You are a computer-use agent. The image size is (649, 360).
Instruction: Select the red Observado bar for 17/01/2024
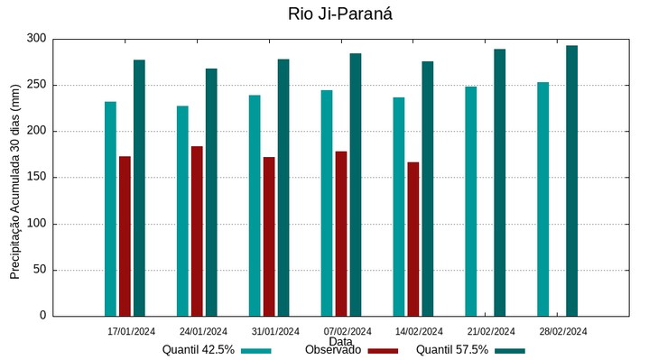[x=125, y=235]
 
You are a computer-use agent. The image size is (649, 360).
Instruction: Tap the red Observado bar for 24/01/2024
[x=197, y=231]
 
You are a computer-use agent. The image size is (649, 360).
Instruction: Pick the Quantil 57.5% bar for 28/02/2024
[x=571, y=180]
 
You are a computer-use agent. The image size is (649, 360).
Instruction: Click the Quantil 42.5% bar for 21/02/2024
[x=471, y=201]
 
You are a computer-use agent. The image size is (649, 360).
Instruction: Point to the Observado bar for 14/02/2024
[x=413, y=239]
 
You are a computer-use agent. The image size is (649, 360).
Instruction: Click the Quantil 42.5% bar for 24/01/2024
[x=182, y=210]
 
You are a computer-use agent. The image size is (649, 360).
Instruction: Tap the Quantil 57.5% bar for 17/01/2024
[x=139, y=188]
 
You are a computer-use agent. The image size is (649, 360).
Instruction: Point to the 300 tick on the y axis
[x=36, y=39]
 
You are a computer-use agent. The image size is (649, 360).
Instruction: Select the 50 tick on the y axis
[x=40, y=270]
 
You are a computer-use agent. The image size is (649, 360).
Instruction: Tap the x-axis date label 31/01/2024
[x=275, y=331]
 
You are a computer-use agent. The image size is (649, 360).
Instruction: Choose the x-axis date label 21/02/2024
[x=491, y=331]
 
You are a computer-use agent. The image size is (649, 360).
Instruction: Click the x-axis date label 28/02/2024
[x=563, y=331]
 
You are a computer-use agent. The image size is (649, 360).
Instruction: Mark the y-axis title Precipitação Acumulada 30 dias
[x=15, y=176]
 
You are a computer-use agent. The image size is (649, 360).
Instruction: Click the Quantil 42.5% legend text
[x=198, y=350]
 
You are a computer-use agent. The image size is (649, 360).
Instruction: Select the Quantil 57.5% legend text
[x=451, y=350]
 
